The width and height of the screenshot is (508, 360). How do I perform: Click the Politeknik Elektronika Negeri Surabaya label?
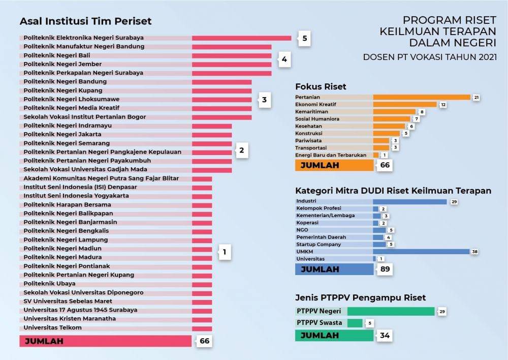click(x=84, y=38)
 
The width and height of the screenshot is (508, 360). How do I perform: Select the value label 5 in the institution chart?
click(x=305, y=39)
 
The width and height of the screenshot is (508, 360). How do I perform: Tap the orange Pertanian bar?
click(x=422, y=97)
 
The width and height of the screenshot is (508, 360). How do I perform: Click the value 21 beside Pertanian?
click(x=476, y=97)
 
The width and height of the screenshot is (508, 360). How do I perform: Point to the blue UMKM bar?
click(x=421, y=252)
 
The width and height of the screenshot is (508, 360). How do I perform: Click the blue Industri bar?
click(x=409, y=201)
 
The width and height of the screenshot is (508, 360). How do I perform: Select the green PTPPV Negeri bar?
click(x=391, y=311)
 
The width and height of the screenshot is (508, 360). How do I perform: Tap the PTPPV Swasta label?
click(x=320, y=323)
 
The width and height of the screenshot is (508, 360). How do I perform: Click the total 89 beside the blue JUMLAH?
click(x=384, y=269)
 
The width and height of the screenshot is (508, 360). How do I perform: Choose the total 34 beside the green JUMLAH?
click(x=384, y=336)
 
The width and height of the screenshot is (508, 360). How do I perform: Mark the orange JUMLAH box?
click(x=334, y=165)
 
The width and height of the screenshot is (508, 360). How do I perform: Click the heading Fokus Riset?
click(x=321, y=86)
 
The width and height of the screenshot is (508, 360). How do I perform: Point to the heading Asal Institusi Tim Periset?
click(x=85, y=21)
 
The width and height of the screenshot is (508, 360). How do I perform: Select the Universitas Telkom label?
click(x=53, y=327)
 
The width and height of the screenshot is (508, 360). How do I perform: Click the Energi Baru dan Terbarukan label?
click(x=331, y=155)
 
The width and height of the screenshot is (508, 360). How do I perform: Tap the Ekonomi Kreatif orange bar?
click(x=405, y=104)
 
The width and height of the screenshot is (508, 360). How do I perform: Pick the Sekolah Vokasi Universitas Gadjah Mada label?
click(x=85, y=169)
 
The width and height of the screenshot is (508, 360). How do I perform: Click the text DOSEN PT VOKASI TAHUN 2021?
click(x=430, y=57)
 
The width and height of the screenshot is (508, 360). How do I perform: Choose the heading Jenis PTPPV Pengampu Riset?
click(x=360, y=297)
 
